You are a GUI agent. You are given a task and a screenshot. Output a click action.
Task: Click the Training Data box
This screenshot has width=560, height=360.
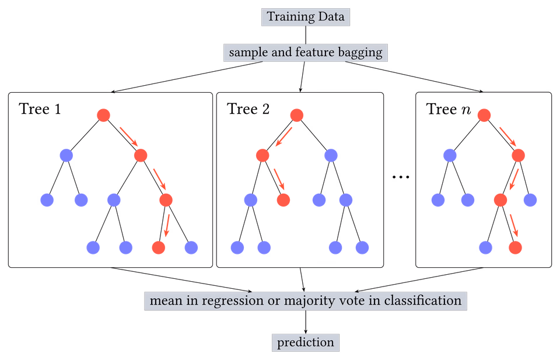coord(305,17)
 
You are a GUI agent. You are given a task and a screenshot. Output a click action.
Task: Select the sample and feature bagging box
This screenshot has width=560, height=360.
coord(305,53)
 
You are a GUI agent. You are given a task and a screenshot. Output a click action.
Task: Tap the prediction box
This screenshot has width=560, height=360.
coord(305,342)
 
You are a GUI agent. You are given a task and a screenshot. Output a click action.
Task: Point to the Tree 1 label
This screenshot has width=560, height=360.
coord(40,109)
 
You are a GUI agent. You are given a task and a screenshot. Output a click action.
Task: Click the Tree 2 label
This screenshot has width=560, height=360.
coord(249,109)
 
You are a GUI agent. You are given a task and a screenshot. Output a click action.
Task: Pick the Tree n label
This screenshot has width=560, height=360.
coord(449,109)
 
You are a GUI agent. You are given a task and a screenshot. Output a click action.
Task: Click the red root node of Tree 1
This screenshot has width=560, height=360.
coord(104,116)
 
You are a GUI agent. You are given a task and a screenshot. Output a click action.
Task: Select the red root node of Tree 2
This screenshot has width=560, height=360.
coord(297,116)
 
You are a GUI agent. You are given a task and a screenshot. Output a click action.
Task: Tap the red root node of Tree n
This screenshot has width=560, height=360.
coord(484,116)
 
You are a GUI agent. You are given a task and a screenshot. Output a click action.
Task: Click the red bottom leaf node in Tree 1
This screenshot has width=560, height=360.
coord(159,247)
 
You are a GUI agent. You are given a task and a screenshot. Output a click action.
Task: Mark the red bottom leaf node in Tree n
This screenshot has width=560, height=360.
coord(515,247)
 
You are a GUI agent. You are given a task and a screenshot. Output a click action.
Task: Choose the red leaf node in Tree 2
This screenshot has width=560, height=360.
coord(283,200)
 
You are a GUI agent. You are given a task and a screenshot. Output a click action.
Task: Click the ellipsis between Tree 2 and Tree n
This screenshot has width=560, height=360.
coord(401,177)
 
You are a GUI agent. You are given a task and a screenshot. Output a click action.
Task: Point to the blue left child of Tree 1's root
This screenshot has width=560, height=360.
coord(66,155)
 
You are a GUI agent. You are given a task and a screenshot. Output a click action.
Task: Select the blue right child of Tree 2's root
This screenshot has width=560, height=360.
coord(331,155)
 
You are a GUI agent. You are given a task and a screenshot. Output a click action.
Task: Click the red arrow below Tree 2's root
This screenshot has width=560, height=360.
coord(284,137)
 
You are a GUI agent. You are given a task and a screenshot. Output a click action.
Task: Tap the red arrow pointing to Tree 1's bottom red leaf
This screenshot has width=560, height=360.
coord(166,225)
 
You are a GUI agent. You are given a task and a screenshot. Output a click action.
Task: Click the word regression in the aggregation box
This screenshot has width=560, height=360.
coord(233,301)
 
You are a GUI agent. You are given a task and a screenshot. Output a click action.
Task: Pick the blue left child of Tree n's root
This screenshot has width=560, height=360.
coord(450,155)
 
